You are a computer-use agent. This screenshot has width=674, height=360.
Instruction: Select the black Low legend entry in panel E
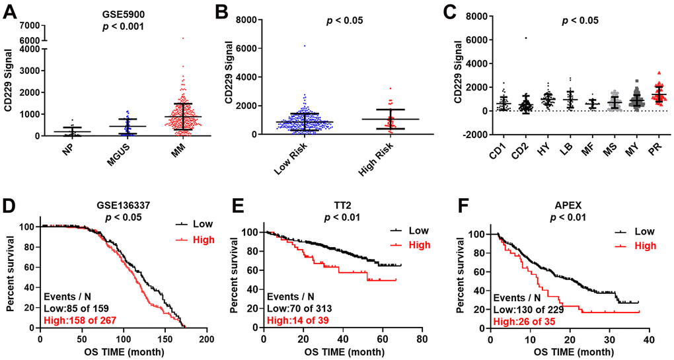[408, 231]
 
